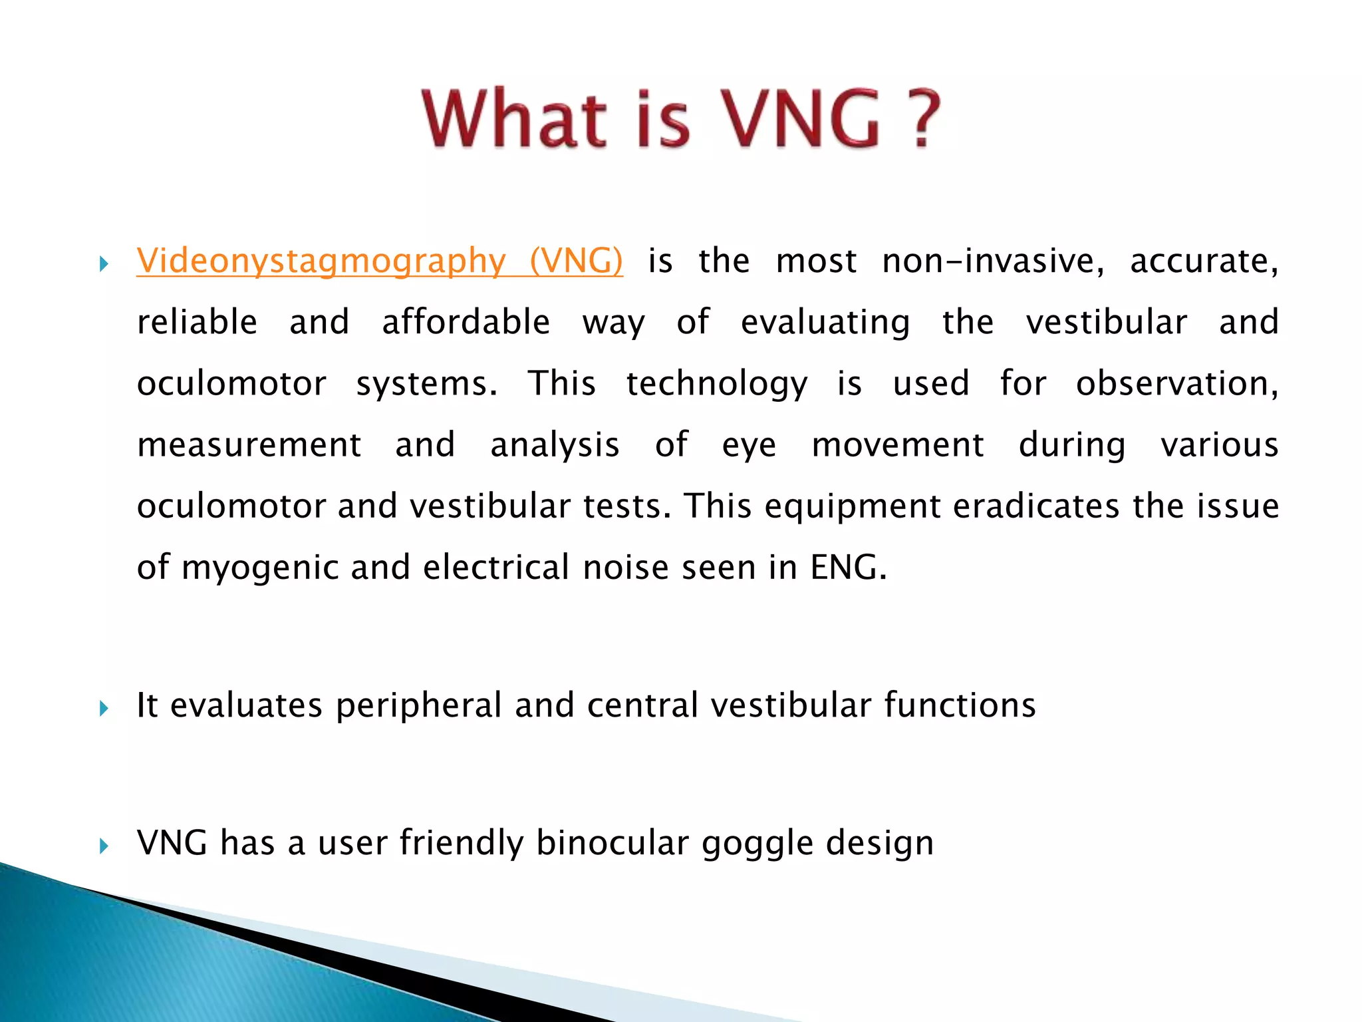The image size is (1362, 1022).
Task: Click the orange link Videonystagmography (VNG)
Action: (380, 261)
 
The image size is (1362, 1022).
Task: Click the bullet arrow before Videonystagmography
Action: (104, 264)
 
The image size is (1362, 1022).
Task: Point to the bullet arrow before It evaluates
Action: (104, 708)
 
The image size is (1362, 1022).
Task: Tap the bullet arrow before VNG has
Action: (104, 846)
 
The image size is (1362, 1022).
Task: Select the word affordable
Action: (466, 322)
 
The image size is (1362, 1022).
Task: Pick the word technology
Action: (717, 384)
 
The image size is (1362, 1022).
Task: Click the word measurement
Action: (249, 444)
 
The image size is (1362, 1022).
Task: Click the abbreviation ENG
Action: (847, 568)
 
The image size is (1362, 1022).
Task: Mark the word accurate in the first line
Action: (1204, 261)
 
